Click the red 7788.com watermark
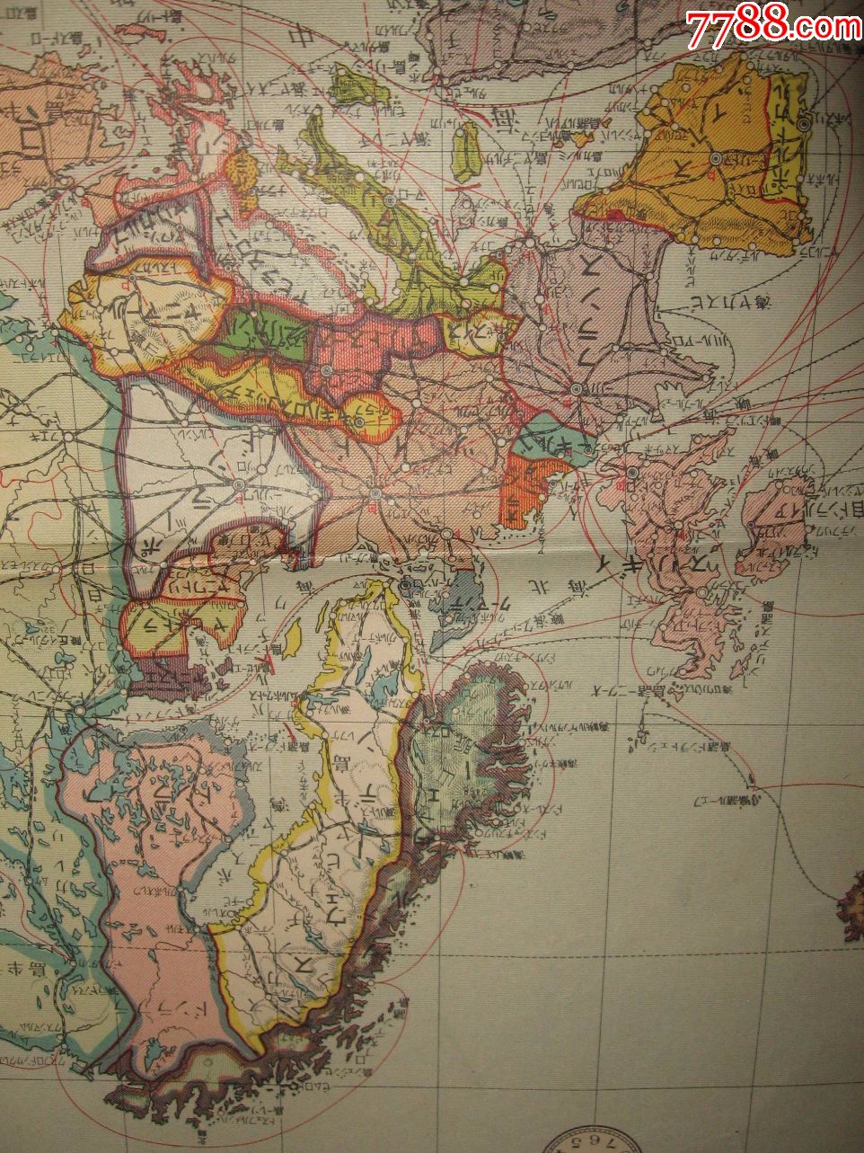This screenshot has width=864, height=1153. (773, 29)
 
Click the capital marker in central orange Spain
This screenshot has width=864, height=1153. (716, 158)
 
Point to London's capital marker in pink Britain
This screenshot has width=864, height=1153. (633, 472)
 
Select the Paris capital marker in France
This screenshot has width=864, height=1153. (576, 388)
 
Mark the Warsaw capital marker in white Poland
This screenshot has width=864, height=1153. (240, 485)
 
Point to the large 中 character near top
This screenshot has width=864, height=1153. (295, 36)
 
